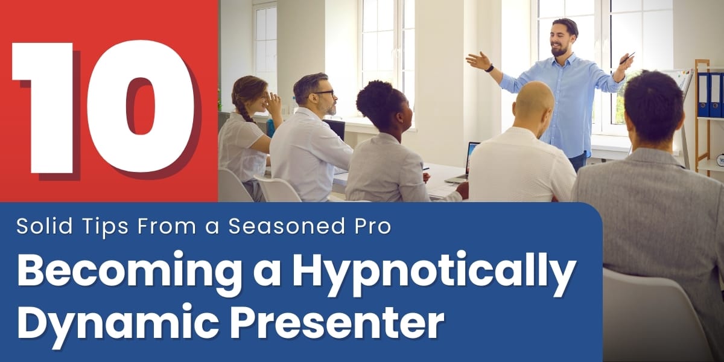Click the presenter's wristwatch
click(490, 68)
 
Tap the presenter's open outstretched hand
click(477, 60)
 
